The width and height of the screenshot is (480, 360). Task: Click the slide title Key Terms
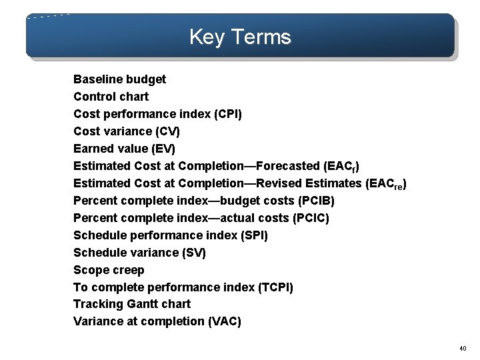[240, 37]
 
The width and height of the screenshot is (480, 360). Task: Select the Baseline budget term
[119, 79]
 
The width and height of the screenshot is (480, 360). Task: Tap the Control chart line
[111, 97]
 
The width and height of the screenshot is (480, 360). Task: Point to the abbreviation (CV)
[167, 131]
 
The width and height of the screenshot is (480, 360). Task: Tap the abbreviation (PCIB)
[313, 201]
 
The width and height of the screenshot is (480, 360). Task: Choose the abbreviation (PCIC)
[311, 218]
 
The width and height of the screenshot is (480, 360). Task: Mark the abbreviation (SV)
[193, 253]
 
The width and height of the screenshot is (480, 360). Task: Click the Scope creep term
[109, 270]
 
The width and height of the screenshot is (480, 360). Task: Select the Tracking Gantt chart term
[132, 304]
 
